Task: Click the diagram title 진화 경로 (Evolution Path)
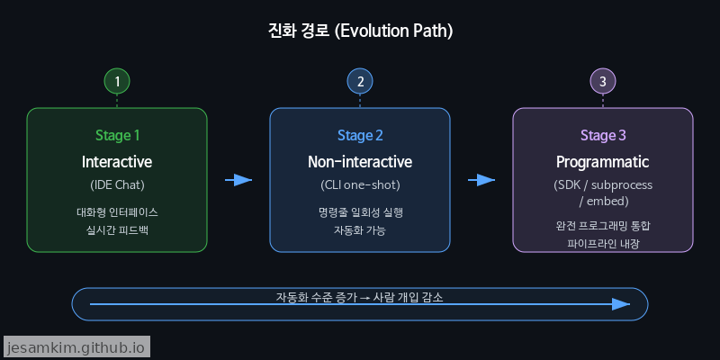click(360, 31)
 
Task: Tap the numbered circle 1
click(117, 81)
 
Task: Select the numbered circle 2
click(360, 81)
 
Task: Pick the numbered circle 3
click(603, 81)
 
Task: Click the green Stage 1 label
click(117, 136)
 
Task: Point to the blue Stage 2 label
click(360, 136)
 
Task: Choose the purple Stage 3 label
click(603, 136)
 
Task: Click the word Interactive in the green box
click(117, 163)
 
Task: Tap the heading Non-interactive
click(360, 163)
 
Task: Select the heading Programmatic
click(603, 163)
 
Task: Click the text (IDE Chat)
click(117, 185)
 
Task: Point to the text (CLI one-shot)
click(360, 185)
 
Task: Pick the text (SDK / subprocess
click(603, 185)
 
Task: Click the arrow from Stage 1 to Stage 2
click(238, 180)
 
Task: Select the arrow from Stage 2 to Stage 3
click(481, 180)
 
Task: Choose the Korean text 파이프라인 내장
click(603, 244)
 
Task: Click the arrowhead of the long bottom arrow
click(621, 304)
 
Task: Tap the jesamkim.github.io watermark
click(76, 346)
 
